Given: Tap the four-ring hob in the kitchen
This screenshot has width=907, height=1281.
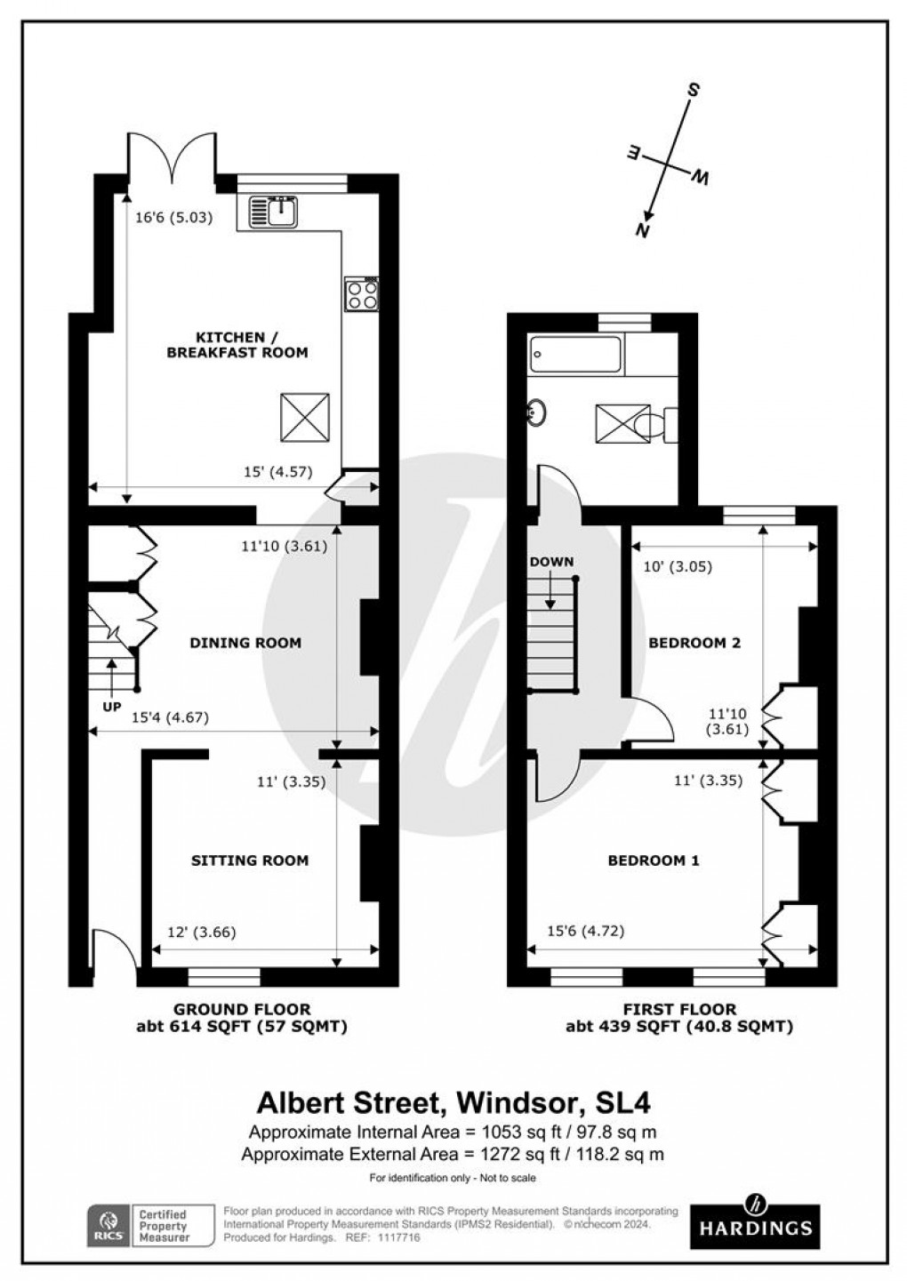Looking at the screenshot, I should [x=363, y=294].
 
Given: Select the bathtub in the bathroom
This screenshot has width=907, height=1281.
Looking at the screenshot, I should [x=576, y=355].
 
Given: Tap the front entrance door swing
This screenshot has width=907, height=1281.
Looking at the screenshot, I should [x=114, y=949].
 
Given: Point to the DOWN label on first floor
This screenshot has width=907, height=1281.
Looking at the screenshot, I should [x=551, y=562].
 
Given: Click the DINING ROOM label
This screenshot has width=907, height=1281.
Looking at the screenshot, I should [x=245, y=643].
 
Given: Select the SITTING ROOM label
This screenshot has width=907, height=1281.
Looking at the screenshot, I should [x=250, y=861].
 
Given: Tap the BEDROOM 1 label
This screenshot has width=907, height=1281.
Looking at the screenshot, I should [x=654, y=861].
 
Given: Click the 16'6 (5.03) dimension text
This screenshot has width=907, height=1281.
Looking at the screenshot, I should [x=173, y=216].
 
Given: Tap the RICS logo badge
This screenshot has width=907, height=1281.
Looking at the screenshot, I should [x=108, y=1226].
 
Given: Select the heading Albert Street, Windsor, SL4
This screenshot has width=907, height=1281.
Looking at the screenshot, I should [x=453, y=1102].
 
